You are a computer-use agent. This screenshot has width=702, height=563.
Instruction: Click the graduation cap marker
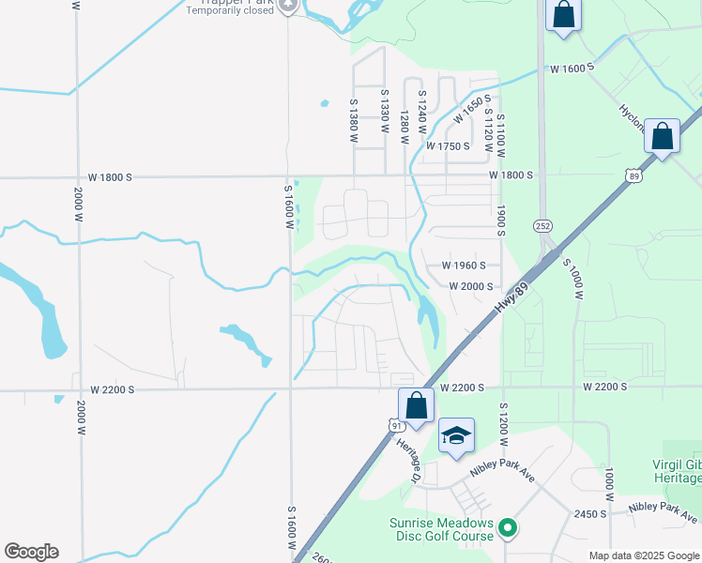coord(456,435)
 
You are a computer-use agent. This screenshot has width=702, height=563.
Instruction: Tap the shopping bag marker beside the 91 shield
coord(416,406)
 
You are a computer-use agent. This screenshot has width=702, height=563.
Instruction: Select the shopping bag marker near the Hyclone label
coord(663,137)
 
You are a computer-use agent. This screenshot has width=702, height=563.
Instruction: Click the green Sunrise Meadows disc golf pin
coord(508,529)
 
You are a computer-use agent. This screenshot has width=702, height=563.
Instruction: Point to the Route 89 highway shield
coord(635,175)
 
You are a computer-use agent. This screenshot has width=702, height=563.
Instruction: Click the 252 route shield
coord(543,225)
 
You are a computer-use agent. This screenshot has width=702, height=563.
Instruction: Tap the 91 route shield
coord(397,425)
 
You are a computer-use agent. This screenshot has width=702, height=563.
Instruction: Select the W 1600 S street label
coord(572,68)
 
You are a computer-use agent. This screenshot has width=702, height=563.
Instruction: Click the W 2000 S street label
coord(471,286)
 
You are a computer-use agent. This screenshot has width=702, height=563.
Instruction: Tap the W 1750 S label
coord(447,146)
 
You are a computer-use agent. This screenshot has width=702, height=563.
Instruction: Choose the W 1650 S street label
coord(472,110)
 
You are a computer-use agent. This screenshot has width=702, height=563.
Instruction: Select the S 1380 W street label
coord(354,120)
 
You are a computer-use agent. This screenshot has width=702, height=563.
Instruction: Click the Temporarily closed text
coord(230,11)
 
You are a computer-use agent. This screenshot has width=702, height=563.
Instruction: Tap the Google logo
coord(31,552)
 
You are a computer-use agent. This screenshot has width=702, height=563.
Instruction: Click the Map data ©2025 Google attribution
coord(643,555)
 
